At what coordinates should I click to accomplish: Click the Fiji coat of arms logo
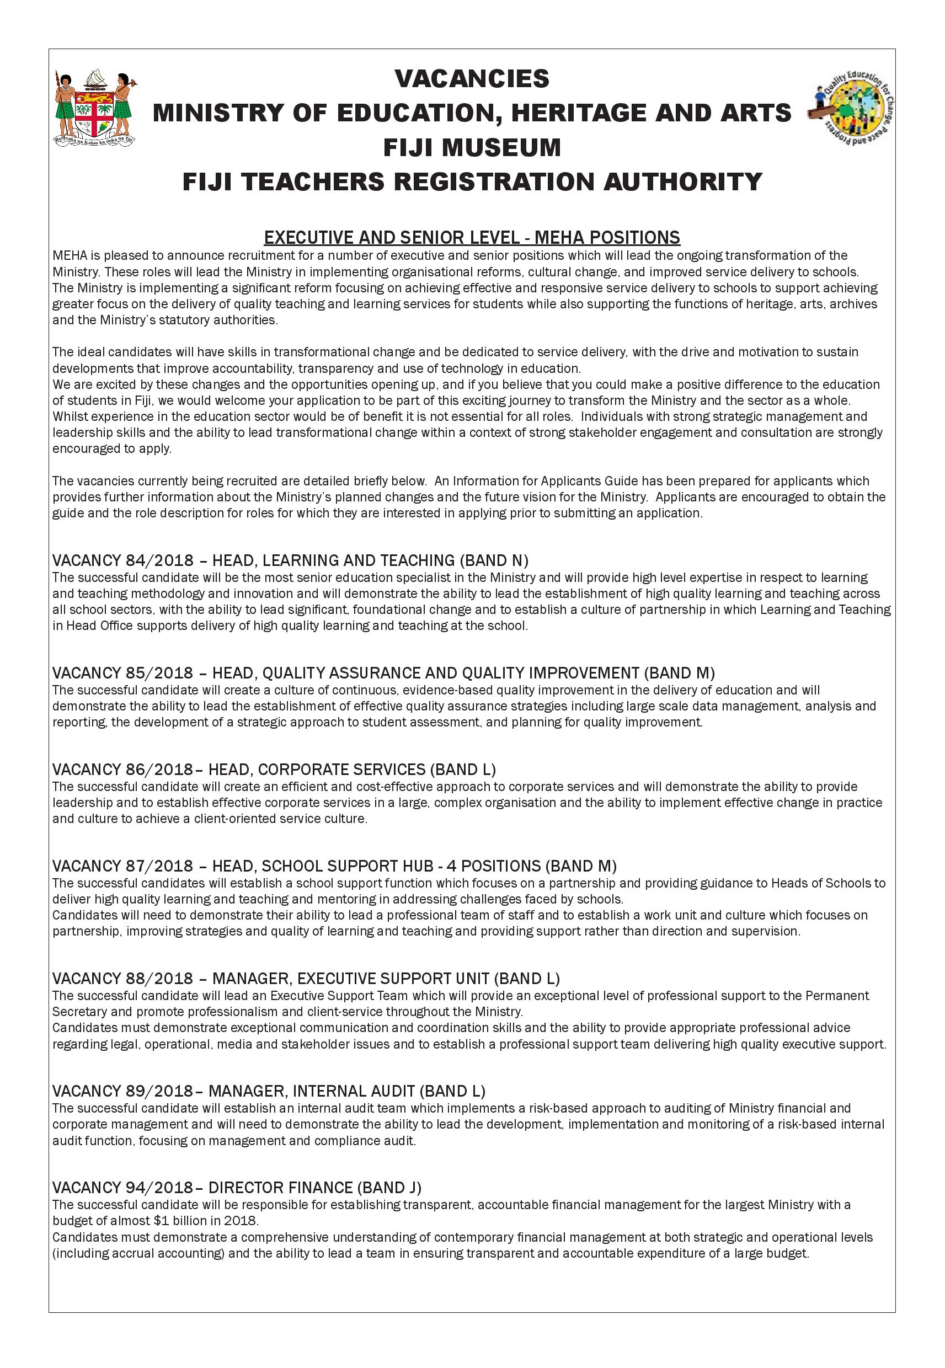point(95,110)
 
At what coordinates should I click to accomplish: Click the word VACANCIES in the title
point(472,79)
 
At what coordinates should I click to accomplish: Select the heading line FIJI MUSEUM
point(472,147)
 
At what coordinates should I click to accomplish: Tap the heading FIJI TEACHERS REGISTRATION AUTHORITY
point(472,181)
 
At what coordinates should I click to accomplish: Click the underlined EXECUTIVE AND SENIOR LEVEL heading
point(472,238)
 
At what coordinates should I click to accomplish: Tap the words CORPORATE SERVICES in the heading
point(341,769)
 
